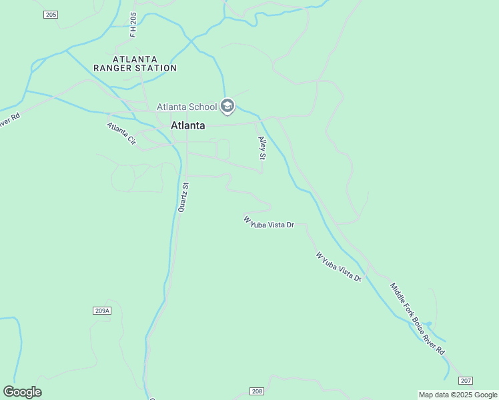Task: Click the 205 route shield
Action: [x=51, y=14]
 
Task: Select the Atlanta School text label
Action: [x=187, y=107]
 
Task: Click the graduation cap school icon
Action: [x=227, y=106]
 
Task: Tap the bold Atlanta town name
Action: [x=188, y=125]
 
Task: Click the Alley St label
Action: [x=262, y=147]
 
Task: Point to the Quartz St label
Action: [x=183, y=197]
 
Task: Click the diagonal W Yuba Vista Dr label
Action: [x=339, y=267]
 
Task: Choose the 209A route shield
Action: [x=101, y=311]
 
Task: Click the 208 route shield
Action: [x=258, y=391]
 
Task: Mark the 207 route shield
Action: [x=466, y=381]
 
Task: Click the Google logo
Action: [x=22, y=392]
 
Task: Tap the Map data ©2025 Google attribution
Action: [x=458, y=395]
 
